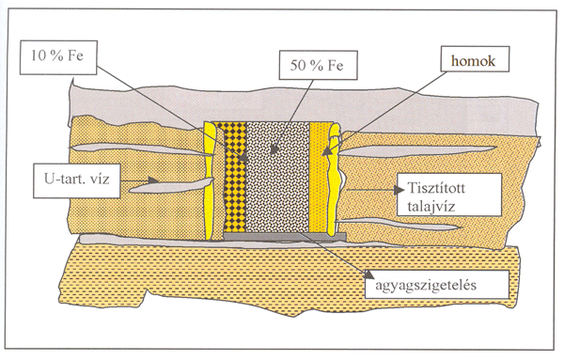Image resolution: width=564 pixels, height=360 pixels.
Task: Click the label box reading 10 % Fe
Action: (58, 57)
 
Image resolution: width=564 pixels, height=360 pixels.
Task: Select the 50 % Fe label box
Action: (318, 66)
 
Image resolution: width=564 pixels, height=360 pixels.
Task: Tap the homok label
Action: (475, 59)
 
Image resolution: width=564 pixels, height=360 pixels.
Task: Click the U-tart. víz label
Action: (77, 180)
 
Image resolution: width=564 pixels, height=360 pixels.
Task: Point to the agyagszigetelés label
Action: (437, 284)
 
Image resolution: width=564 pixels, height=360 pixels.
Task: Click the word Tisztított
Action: (436, 188)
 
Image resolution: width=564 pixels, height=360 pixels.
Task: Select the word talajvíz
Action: (431, 207)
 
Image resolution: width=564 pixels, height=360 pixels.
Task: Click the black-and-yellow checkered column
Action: (235, 177)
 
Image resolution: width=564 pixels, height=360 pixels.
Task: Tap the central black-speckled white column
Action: (277, 177)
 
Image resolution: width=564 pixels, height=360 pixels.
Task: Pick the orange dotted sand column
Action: (319, 177)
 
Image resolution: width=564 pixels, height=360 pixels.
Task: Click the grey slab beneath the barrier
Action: (285, 236)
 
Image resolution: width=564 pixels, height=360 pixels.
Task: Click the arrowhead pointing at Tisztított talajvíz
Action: (399, 190)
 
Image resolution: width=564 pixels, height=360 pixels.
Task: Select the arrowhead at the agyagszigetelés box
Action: (369, 274)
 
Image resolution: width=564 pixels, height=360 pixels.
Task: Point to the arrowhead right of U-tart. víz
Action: (153, 180)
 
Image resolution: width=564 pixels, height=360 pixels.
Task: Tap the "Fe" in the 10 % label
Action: (75, 55)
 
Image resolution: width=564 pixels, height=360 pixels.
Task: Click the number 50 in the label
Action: (297, 66)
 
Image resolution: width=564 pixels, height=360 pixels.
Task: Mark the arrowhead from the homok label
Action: (326, 151)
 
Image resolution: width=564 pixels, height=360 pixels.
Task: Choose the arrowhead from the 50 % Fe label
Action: (274, 149)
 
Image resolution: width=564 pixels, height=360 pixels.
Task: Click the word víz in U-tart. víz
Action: (100, 179)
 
